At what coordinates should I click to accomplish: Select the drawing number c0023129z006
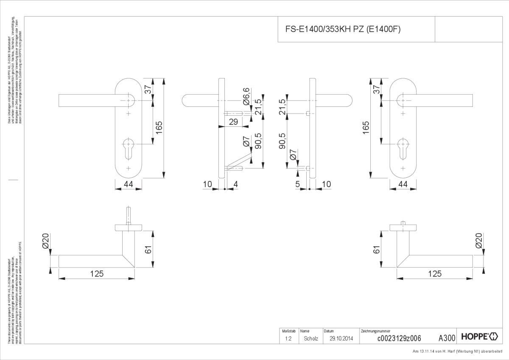[x=399, y=338]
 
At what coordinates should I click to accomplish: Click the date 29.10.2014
[x=341, y=338]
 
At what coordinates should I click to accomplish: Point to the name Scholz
[x=311, y=338]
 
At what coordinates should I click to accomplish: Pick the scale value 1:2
[x=288, y=338]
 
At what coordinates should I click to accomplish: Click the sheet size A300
[x=447, y=338]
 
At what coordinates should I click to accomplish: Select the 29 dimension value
[x=233, y=122]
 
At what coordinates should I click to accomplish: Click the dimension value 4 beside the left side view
[x=236, y=184]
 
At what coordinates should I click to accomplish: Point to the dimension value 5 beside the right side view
[x=298, y=184]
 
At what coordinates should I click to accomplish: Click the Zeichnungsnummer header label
[x=375, y=331]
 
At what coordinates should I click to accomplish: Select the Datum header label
[x=329, y=331]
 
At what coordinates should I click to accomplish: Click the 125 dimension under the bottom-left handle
[x=97, y=273]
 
